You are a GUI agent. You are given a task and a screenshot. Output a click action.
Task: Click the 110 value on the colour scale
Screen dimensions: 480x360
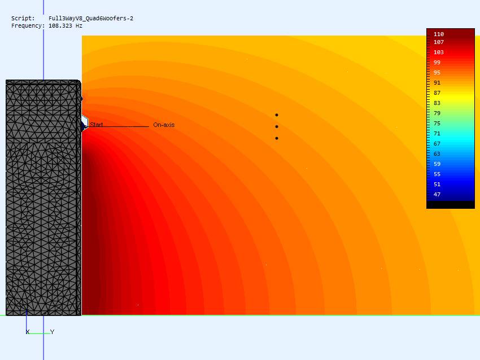point(439,34)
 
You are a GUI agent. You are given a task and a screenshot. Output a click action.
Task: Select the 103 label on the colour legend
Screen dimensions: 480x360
point(439,52)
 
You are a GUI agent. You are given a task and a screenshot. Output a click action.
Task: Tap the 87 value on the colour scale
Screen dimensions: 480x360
point(437,93)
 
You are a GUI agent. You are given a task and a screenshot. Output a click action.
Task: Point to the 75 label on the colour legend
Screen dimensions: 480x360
point(437,124)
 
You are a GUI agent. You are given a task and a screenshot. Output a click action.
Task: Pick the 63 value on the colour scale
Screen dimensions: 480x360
point(437,154)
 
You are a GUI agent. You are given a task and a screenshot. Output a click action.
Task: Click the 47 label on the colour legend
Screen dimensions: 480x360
point(437,195)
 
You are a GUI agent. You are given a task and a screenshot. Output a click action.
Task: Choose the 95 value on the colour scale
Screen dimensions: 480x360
point(437,73)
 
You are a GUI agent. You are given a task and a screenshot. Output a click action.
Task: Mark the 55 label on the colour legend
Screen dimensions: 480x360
point(437,174)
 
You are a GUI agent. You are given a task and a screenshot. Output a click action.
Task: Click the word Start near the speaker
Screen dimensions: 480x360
point(97,125)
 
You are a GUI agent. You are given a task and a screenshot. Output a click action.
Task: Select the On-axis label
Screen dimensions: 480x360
point(164,125)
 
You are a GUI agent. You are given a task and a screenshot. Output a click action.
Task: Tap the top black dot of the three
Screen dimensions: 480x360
point(277,115)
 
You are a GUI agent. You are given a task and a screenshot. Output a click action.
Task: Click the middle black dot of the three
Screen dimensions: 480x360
point(277,126)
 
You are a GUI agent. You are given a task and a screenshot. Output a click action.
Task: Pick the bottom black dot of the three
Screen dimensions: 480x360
point(277,138)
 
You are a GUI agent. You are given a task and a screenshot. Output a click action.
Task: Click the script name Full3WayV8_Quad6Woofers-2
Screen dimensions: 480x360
point(91,19)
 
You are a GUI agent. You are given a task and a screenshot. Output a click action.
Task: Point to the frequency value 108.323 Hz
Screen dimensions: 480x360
point(66,26)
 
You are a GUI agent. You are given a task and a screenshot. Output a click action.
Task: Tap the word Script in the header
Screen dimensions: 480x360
point(23,19)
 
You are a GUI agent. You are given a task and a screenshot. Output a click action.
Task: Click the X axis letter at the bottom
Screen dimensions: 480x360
point(28,332)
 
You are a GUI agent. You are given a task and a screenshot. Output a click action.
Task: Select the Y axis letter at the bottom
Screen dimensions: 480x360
point(53,332)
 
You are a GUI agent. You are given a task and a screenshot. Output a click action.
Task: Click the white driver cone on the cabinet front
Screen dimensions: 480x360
point(85,122)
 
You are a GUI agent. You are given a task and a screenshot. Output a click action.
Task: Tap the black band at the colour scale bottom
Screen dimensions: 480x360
point(451,205)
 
